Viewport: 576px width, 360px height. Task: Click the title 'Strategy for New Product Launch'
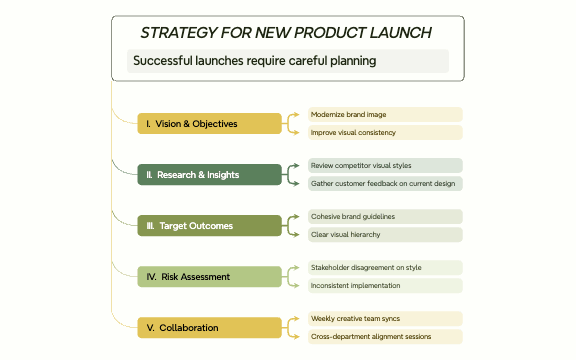[286, 33]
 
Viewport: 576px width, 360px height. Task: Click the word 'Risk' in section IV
[172, 276]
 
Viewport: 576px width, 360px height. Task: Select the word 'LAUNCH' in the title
[397, 33]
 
